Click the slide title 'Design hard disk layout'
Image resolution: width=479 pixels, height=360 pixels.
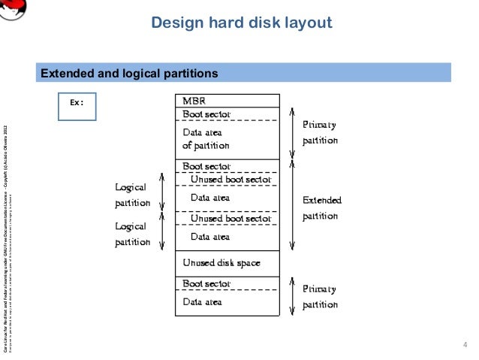click(241, 23)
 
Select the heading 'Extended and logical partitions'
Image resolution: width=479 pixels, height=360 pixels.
click(128, 74)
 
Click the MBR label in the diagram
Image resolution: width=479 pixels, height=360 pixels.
click(194, 100)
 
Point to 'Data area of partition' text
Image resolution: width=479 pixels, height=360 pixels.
click(206, 139)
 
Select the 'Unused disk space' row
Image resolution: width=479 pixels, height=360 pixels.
click(221, 263)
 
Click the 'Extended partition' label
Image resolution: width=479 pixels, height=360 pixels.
click(321, 208)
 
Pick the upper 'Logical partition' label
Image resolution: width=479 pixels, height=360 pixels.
click(132, 194)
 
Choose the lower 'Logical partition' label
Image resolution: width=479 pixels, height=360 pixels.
click(132, 233)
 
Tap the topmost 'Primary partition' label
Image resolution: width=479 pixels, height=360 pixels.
click(320, 132)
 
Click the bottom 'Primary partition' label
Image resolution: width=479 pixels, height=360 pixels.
click(320, 296)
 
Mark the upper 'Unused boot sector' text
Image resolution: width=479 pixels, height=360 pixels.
click(230, 180)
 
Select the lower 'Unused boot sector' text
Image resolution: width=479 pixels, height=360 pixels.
click(230, 219)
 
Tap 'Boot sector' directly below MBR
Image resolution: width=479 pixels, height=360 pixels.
click(206, 114)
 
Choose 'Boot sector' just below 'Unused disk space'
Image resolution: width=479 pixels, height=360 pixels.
click(206, 284)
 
